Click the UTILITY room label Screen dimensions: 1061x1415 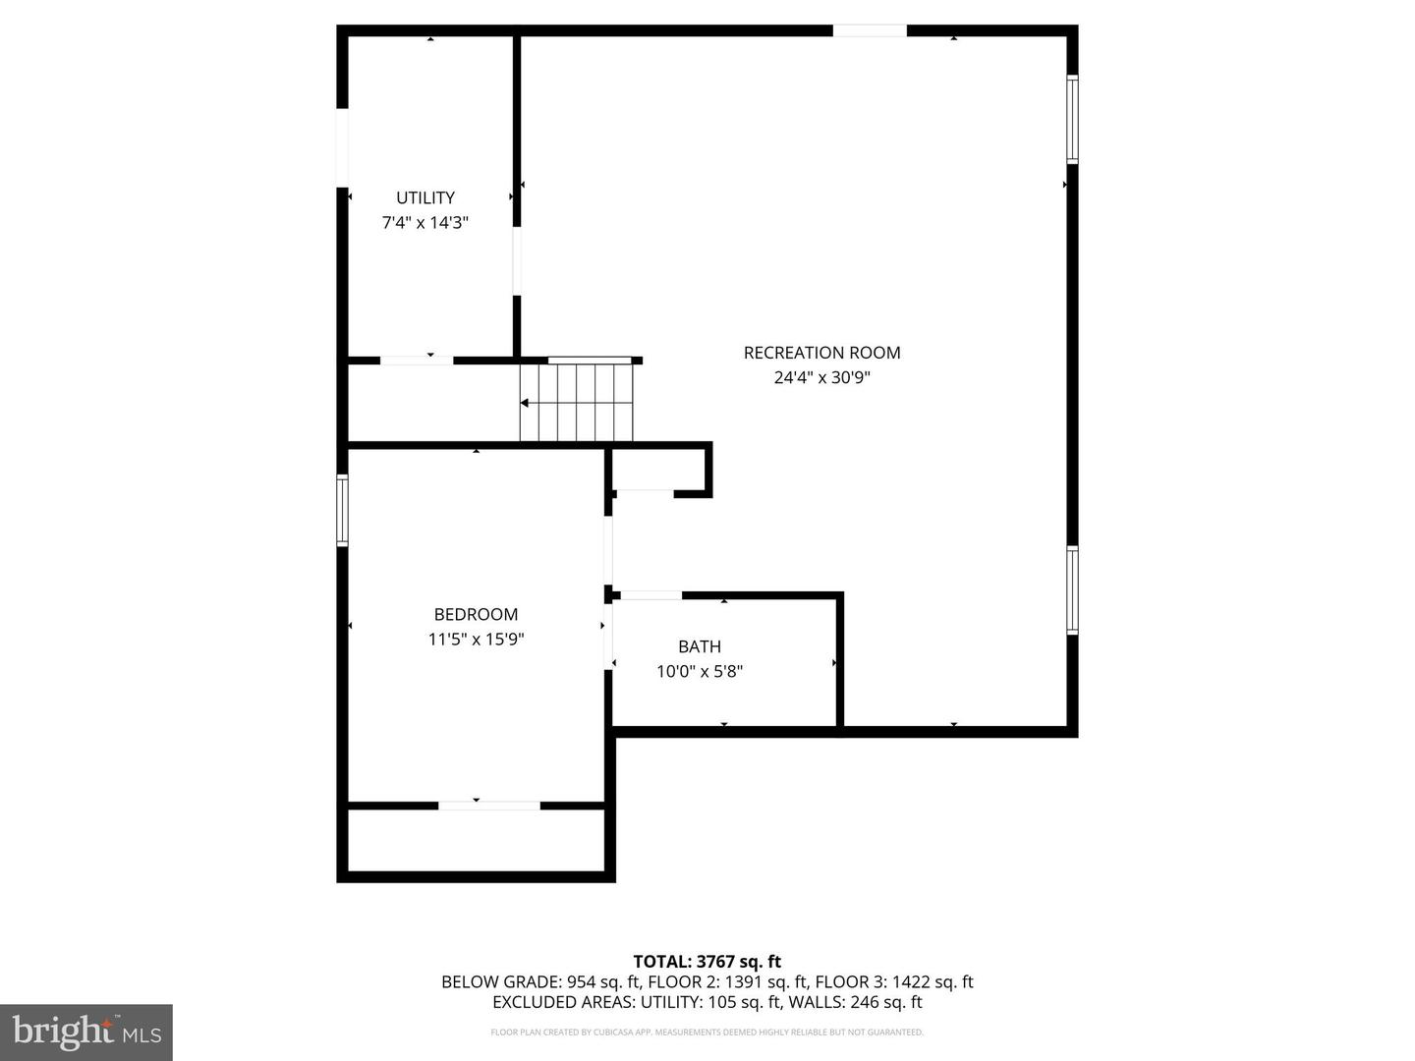point(425,197)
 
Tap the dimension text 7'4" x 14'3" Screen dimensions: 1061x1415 point(425,223)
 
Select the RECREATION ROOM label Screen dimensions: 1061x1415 point(821,353)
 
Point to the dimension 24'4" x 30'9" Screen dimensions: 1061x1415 point(821,377)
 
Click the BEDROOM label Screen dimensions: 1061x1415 point(476,615)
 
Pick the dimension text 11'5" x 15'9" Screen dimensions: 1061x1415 point(476,640)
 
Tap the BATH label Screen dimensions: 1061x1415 point(700,646)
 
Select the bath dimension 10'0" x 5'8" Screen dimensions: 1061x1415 point(700,672)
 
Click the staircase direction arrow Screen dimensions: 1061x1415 point(526,403)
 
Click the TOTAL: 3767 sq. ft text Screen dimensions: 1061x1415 point(707,962)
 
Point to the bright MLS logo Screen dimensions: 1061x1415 point(86,1032)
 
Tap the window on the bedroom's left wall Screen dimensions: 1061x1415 point(342,510)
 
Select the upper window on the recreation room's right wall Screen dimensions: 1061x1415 point(1073,120)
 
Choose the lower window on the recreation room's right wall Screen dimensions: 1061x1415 point(1073,589)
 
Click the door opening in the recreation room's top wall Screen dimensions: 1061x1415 point(870,31)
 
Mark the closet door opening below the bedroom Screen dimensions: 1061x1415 point(489,806)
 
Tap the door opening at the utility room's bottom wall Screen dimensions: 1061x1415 point(417,361)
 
